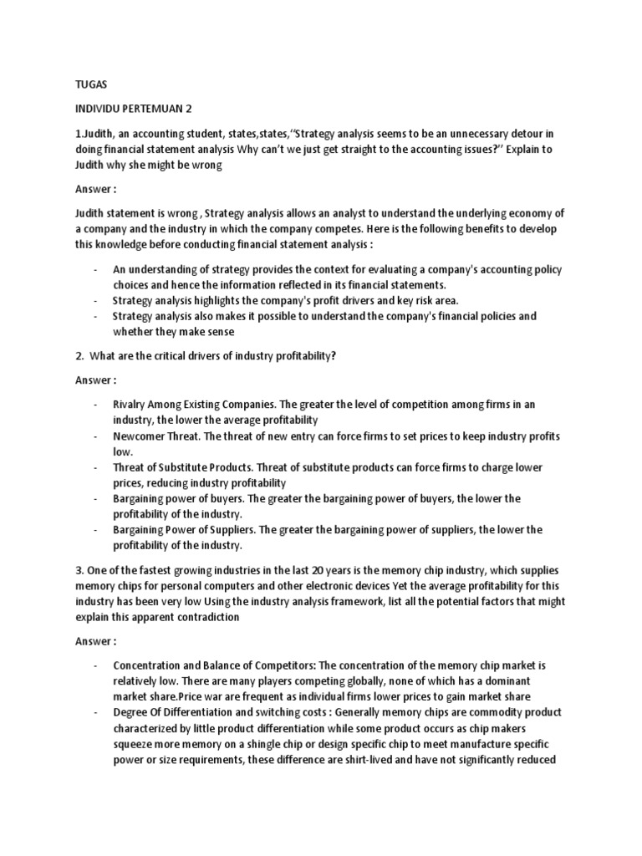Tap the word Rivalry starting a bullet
[133, 404]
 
